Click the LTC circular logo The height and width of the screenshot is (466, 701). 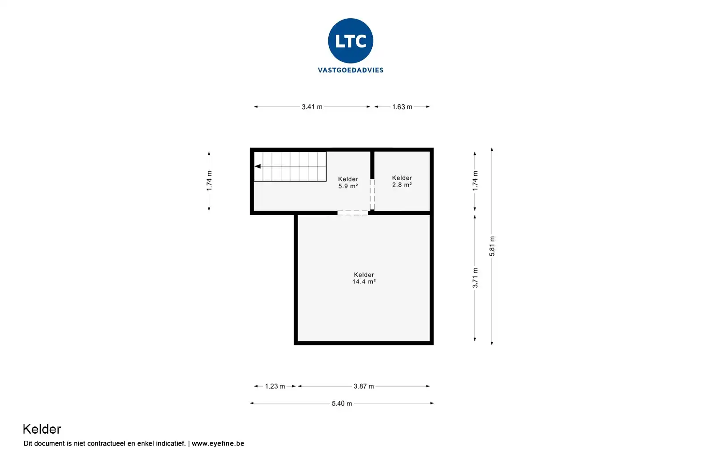coord(350,41)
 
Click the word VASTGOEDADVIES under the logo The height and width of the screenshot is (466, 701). coord(350,70)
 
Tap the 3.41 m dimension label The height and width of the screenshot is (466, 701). coord(312,107)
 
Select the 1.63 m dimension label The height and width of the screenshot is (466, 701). coord(402,107)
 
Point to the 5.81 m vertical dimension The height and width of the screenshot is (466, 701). coord(492,246)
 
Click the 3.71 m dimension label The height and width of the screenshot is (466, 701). coord(475,278)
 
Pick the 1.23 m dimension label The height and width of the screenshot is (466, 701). coord(275,386)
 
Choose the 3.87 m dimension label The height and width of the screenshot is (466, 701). coord(364,386)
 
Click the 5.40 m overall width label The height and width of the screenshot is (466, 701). coord(342,403)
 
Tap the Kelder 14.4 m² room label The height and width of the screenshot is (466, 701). coord(364,278)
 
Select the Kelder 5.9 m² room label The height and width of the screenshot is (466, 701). coord(348,182)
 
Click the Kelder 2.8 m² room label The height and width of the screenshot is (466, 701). coord(402,181)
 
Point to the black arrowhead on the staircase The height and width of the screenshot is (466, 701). coord(258,166)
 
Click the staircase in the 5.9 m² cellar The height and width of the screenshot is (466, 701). coord(290,167)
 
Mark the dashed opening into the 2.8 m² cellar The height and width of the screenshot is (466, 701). coord(372,194)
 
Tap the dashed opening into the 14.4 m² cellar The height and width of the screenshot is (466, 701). coord(352,213)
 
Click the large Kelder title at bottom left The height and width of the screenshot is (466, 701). coord(42,429)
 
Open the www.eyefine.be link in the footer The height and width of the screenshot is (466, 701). coord(218,443)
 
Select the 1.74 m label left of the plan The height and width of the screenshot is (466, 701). coord(209,181)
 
